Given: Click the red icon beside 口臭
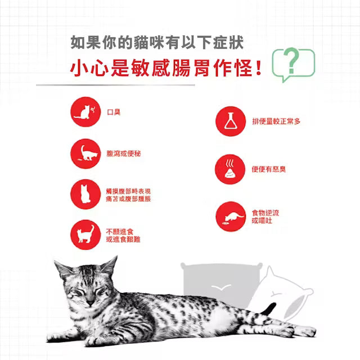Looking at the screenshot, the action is coord(85,112).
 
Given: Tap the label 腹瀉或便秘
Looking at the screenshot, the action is coord(124,154).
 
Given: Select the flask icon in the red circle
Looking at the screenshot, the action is coord(231,121).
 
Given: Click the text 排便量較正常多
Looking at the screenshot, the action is coord(276,121).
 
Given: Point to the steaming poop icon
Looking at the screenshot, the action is coord(230,169).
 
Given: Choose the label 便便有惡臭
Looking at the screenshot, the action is coord(269,169).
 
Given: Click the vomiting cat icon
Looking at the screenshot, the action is coord(231,217).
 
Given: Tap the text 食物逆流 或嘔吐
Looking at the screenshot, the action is coord(265,217).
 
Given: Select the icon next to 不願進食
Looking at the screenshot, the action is coord(85,235).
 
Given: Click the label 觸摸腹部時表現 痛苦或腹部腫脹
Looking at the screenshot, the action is coord(128,195).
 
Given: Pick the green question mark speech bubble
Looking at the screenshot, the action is coord(294,64).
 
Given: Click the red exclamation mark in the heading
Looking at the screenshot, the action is coord(259,67).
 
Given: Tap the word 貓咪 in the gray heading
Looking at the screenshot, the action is coord(149,43).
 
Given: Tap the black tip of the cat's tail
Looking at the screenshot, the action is coord(269,309).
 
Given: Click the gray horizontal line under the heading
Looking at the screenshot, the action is coord(115,85).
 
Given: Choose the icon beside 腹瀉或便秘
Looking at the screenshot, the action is coord(85,154).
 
